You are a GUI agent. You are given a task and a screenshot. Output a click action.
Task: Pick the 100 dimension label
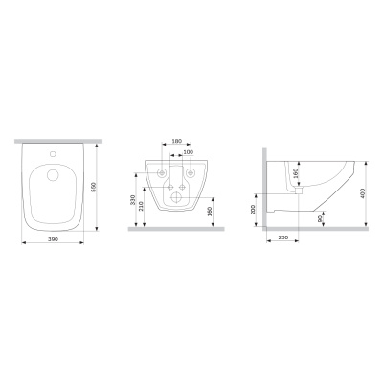(188, 152)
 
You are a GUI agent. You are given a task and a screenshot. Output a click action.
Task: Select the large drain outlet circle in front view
(176, 197)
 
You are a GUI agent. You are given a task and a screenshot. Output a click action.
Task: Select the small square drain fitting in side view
(298, 190)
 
